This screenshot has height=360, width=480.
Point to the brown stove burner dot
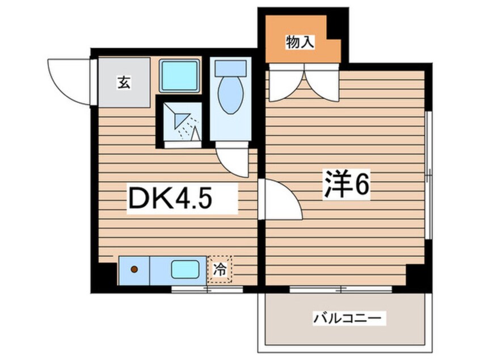(135, 269)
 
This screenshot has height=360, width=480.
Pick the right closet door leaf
(322, 84)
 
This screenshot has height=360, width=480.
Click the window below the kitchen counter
(207, 290)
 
